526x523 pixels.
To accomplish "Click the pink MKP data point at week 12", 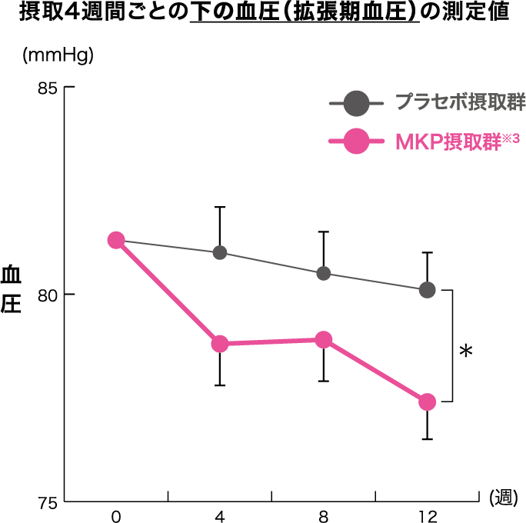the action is pyautogui.click(x=427, y=402).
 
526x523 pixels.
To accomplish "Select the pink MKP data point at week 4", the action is pyautogui.click(x=220, y=344).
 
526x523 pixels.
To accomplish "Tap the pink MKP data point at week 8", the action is pyautogui.click(x=324, y=340).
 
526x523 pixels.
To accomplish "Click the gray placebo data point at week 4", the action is pyautogui.click(x=220, y=252).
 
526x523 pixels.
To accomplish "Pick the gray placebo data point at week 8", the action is pyautogui.click(x=324, y=273).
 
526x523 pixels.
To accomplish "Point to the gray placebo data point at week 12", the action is pyautogui.click(x=427, y=290).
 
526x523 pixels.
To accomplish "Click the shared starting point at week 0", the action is pyautogui.click(x=116, y=240).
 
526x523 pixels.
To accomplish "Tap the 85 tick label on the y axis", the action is pyautogui.click(x=48, y=88).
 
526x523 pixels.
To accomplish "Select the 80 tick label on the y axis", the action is pyautogui.click(x=48, y=295).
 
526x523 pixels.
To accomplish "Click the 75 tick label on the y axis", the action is pyautogui.click(x=48, y=503).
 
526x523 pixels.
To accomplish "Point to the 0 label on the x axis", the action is pyautogui.click(x=116, y=517).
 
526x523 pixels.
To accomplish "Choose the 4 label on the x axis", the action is pyautogui.click(x=220, y=517).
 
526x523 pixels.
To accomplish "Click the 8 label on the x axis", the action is pyautogui.click(x=324, y=517).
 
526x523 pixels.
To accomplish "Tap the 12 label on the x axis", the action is pyautogui.click(x=428, y=517).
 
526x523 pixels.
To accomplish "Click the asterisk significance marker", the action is pyautogui.click(x=466, y=351).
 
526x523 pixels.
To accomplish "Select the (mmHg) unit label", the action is pyautogui.click(x=58, y=55).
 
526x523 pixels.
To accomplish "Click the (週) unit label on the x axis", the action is pyautogui.click(x=503, y=498).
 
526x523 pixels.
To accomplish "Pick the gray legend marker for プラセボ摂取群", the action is pyautogui.click(x=356, y=103).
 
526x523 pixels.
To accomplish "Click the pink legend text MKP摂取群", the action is pyautogui.click(x=449, y=142).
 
